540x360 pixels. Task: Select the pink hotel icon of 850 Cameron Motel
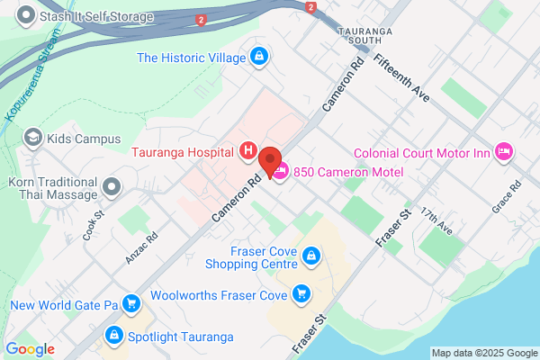(x=281, y=171)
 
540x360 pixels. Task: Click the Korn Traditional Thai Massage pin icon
(x=112, y=187)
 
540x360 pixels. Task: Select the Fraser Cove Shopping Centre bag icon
(x=311, y=257)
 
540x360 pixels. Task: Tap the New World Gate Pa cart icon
(x=131, y=305)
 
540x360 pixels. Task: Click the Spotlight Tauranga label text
(x=181, y=337)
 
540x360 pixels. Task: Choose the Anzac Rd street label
(x=142, y=248)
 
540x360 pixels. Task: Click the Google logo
(x=30, y=349)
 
